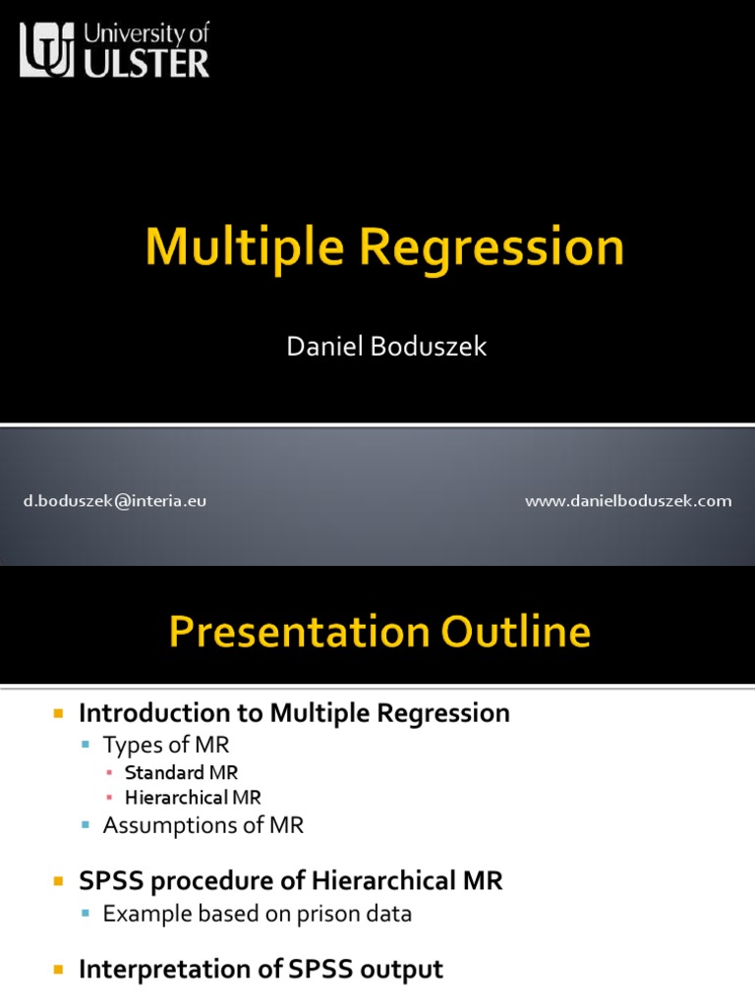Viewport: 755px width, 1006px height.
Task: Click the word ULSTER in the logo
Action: [x=147, y=64]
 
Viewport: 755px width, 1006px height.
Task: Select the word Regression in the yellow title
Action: [x=491, y=247]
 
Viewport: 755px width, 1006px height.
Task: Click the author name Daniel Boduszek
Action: [x=385, y=347]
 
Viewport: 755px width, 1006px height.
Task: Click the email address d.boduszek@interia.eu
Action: [x=115, y=501]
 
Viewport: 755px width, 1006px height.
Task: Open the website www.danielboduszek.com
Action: [x=628, y=501]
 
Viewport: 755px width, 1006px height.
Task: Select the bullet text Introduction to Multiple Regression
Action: [x=294, y=713]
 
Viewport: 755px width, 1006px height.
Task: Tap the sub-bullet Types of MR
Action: [x=166, y=746]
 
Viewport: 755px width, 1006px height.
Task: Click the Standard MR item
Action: [x=181, y=772]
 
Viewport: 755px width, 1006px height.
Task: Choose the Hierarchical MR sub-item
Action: [x=193, y=798]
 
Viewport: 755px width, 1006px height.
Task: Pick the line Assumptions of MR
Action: [x=203, y=825]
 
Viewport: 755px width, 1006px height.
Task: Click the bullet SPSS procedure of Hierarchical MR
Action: [x=290, y=881]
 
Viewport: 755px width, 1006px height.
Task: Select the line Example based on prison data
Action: [x=257, y=914]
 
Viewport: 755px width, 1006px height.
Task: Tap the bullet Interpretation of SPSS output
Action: [x=261, y=970]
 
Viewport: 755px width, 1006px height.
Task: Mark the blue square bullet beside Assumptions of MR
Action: [x=86, y=826]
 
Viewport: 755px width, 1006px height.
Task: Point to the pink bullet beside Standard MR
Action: [x=110, y=773]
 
